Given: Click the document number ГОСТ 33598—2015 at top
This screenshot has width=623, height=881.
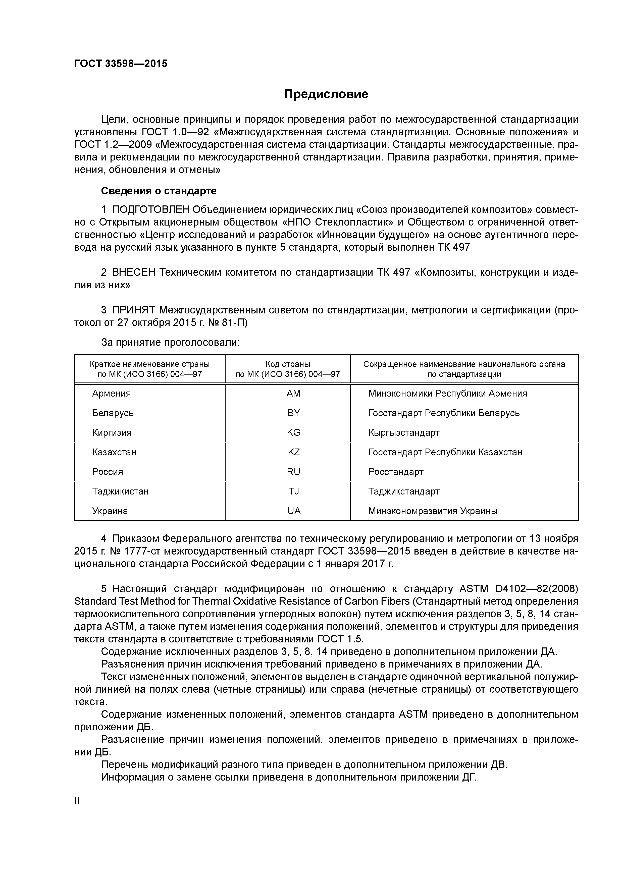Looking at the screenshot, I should tap(121, 64).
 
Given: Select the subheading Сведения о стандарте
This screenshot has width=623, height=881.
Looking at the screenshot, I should tap(159, 191).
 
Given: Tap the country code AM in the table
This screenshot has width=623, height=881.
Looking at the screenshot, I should tap(294, 393).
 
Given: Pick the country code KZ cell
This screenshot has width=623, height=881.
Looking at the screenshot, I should tap(294, 452).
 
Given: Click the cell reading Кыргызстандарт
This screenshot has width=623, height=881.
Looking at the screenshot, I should tap(404, 432).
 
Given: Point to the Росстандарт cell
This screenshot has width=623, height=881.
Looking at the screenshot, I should tap(396, 472).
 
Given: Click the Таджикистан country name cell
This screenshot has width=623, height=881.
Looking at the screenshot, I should tap(120, 491).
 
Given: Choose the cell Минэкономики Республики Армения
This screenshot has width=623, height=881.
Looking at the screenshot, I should tap(448, 393).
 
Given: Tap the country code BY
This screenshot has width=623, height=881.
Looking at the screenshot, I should tap(294, 413).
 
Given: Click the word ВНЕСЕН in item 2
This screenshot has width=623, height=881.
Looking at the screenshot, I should tap(134, 272).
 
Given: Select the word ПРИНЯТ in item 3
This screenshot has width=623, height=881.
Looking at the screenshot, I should tap(134, 310).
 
